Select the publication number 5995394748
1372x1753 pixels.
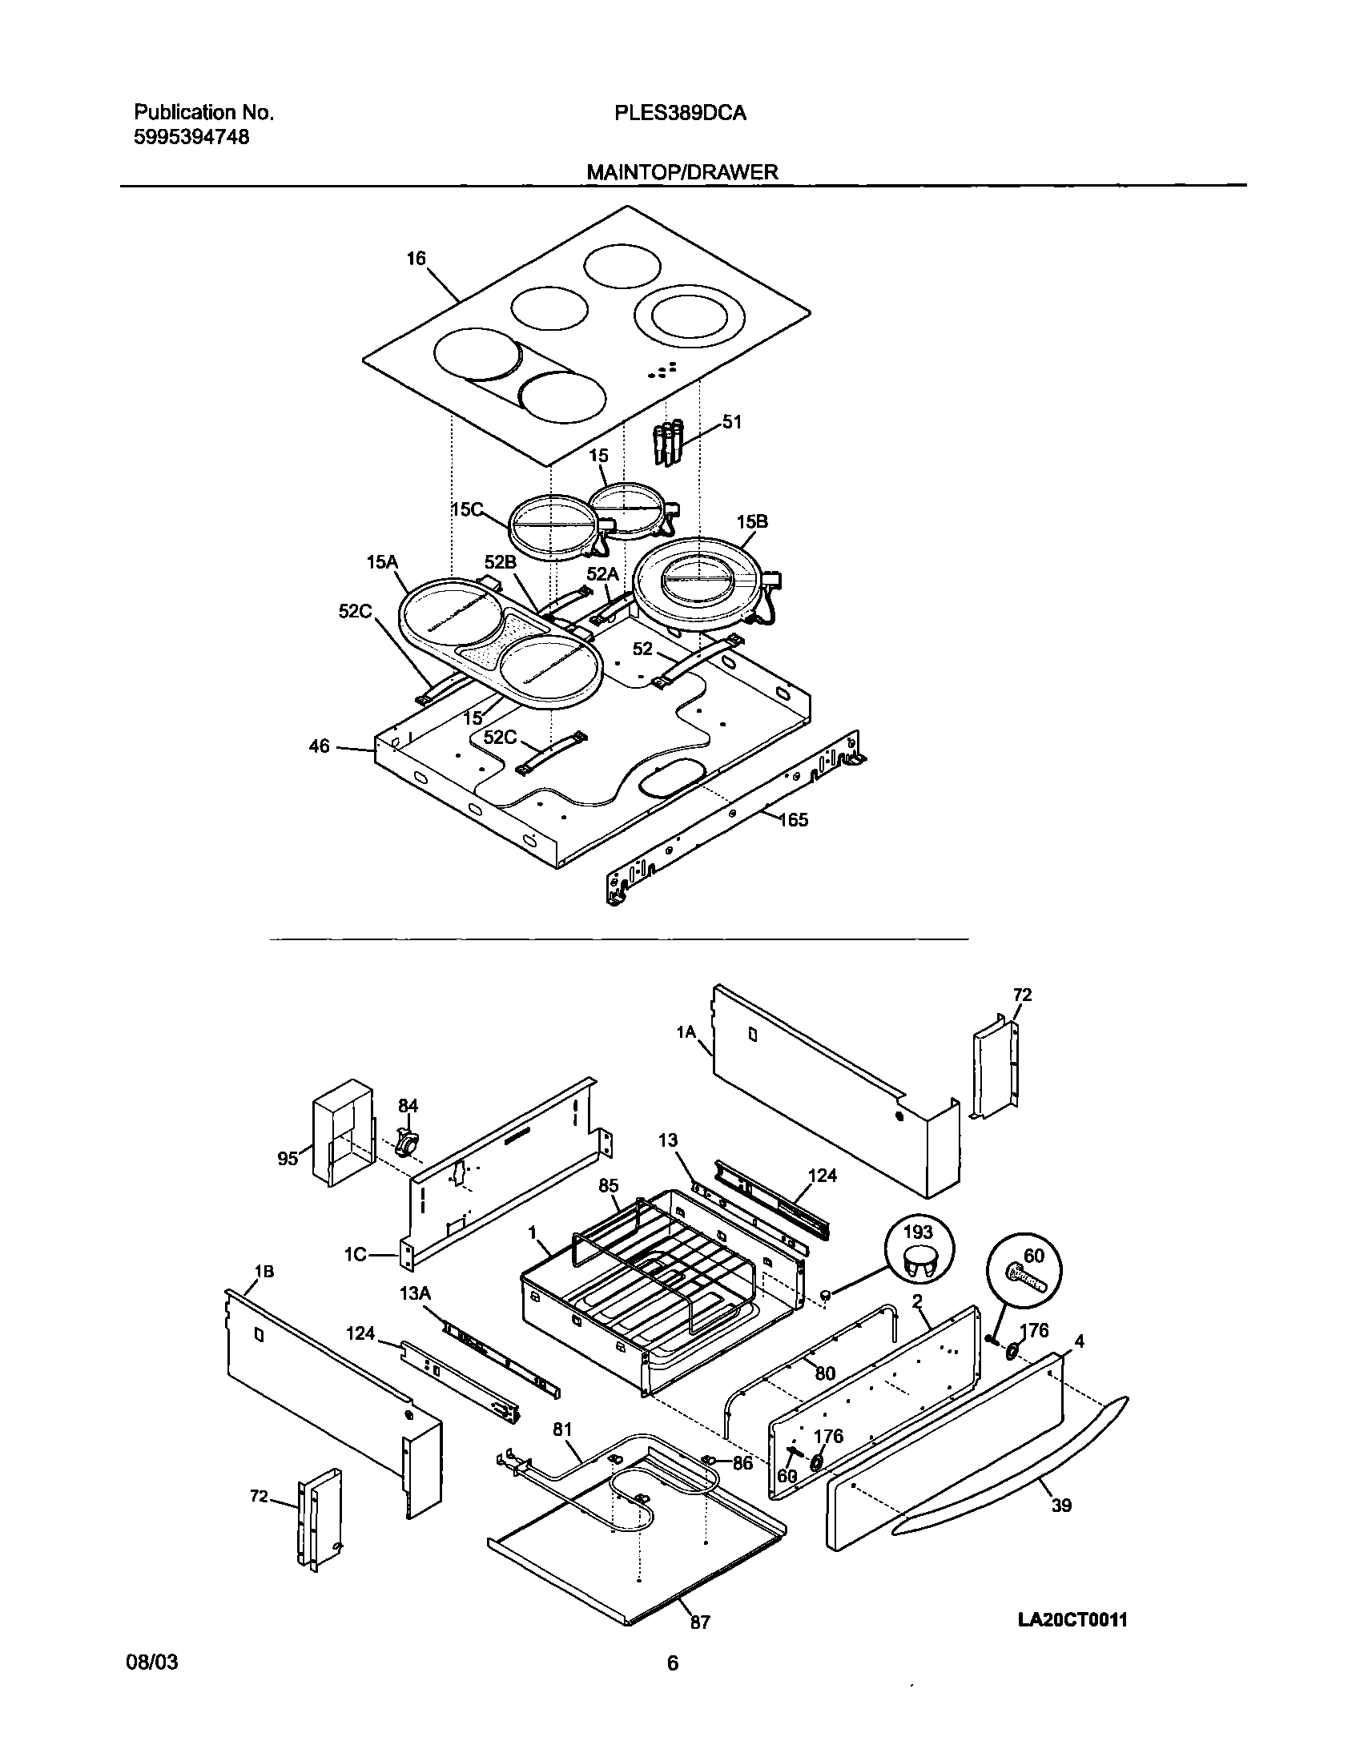pos(191,137)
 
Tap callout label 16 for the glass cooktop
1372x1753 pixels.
pos(416,259)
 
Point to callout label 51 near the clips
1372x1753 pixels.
pos(731,421)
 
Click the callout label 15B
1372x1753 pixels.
pos(752,522)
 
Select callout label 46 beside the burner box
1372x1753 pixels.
pos(319,746)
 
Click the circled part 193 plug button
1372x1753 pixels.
pos(919,1253)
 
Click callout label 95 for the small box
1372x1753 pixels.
pos(288,1158)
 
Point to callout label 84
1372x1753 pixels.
pos(408,1106)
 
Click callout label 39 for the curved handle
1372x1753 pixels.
pos(1061,1506)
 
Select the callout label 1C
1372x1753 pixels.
pos(355,1255)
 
